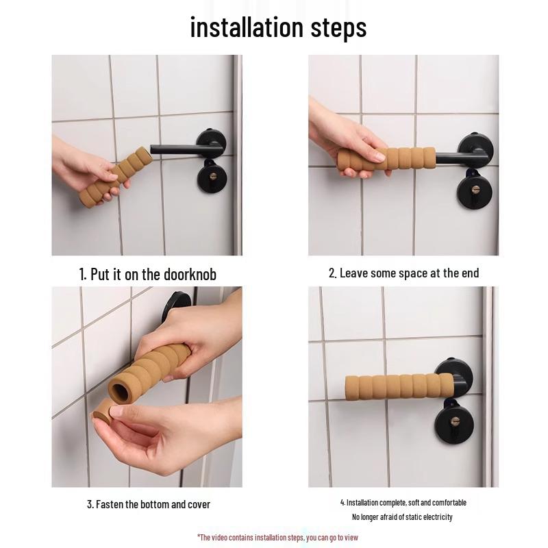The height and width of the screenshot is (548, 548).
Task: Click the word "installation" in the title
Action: [x=247, y=27]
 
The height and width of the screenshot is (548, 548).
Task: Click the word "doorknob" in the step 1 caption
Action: [x=190, y=275]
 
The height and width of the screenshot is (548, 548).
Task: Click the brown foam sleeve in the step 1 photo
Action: [x=116, y=177]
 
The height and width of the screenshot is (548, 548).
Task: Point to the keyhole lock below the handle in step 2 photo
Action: [x=474, y=190]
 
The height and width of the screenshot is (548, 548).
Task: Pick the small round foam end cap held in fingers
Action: [x=103, y=412]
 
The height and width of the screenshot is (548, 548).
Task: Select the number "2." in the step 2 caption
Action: [x=333, y=273]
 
